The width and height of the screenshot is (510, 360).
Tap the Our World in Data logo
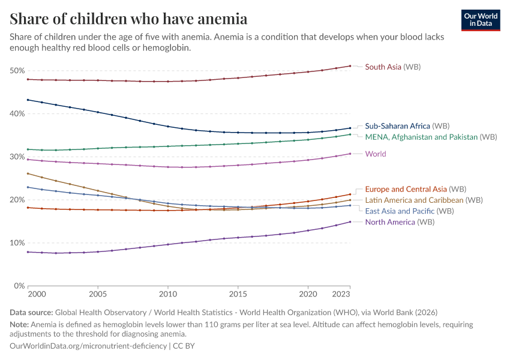[x=481, y=20]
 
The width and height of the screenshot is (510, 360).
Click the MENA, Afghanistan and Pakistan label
[x=431, y=137]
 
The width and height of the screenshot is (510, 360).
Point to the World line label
[x=376, y=154]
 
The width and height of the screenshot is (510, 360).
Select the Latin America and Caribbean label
[x=424, y=200]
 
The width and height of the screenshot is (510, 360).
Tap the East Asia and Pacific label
[x=409, y=211]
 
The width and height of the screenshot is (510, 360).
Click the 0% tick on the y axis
[x=19, y=286]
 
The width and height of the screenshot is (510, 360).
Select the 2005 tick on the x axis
[x=98, y=295]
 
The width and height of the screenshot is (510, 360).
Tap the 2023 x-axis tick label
[x=341, y=295]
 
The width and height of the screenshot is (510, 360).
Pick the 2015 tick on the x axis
[x=238, y=295]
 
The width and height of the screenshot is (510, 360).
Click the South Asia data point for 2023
[x=350, y=66]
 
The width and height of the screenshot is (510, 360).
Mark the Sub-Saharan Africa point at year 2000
[x=28, y=100]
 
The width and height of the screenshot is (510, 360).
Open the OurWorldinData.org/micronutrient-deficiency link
[x=88, y=346]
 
